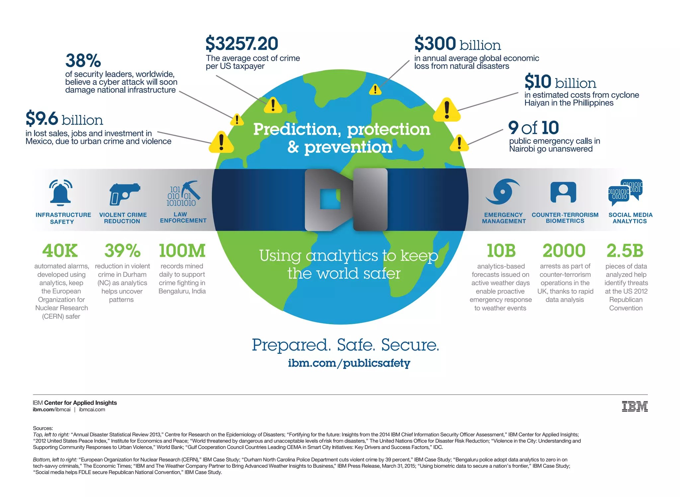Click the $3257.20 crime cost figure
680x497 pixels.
pos(242,44)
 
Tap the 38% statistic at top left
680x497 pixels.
pos(83,60)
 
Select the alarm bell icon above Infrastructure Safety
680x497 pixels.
pos(60,192)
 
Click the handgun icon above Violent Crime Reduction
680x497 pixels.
pos(124,194)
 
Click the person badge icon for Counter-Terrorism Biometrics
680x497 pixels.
pos(563,192)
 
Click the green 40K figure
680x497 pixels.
pos(60,251)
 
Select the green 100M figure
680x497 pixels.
pos(182,251)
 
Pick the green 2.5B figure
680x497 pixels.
pos(625,251)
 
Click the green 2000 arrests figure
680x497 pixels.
pos(564,251)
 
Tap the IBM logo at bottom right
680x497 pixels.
pos(635,406)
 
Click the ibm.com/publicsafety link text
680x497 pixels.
pos(349,363)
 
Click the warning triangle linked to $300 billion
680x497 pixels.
pos(375,90)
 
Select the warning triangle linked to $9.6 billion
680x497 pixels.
pos(221,143)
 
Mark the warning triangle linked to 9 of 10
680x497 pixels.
pos(459,143)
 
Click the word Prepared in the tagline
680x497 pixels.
pos(291,345)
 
